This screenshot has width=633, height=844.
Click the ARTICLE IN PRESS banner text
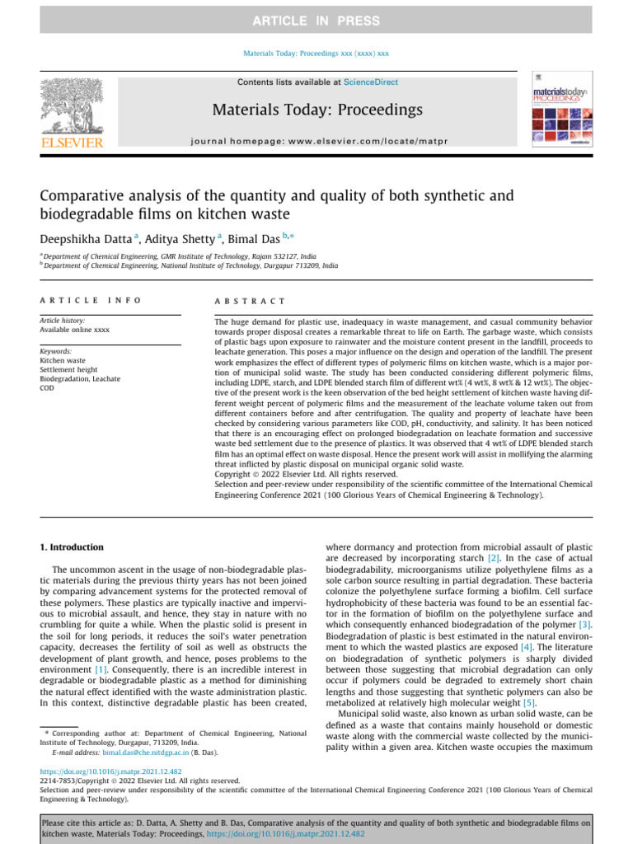click(x=316, y=21)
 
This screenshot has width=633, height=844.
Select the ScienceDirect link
click(x=370, y=82)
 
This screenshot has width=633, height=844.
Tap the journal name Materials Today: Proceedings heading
click(x=317, y=110)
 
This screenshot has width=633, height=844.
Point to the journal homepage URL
click(x=317, y=142)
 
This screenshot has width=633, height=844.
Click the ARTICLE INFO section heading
click(x=91, y=302)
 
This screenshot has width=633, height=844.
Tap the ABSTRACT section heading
click(x=250, y=302)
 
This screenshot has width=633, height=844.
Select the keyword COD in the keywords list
click(x=48, y=387)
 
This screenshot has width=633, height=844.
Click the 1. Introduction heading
click(x=73, y=546)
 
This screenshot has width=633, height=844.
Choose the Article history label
click(x=63, y=320)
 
